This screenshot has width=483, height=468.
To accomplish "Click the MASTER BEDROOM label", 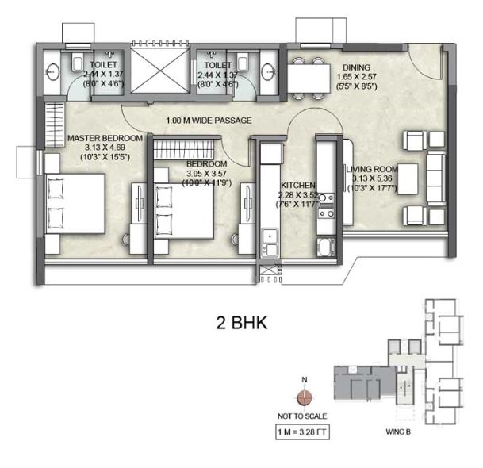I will pos(105,138).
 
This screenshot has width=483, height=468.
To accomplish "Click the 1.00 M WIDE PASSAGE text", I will pos(209,121).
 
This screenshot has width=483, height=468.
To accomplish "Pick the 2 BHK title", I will pos(242,324).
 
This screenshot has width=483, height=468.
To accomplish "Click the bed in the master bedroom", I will pos(75,204).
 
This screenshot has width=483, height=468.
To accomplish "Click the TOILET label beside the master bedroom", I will pos(104,64).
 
